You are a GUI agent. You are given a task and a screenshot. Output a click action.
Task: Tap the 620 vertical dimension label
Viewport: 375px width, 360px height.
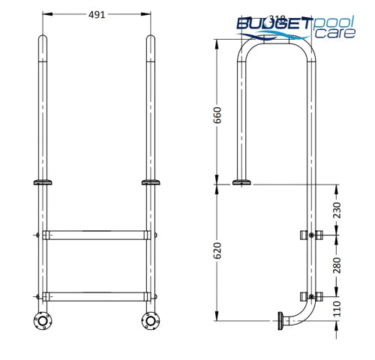tap(217, 251)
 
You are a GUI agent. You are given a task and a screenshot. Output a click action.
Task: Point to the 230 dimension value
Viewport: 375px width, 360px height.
tap(337, 208)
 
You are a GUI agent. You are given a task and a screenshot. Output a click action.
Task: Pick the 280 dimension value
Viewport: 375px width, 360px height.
tap(337, 265)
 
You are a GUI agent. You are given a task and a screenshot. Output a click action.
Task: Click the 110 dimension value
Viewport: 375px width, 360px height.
tap(337, 307)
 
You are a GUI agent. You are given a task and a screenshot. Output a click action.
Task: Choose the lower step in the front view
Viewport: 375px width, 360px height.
tap(94, 295)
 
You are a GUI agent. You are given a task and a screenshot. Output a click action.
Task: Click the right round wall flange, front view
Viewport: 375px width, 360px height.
tap(150, 322)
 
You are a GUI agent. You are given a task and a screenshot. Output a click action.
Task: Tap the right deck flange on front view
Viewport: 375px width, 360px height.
tap(150, 182)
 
